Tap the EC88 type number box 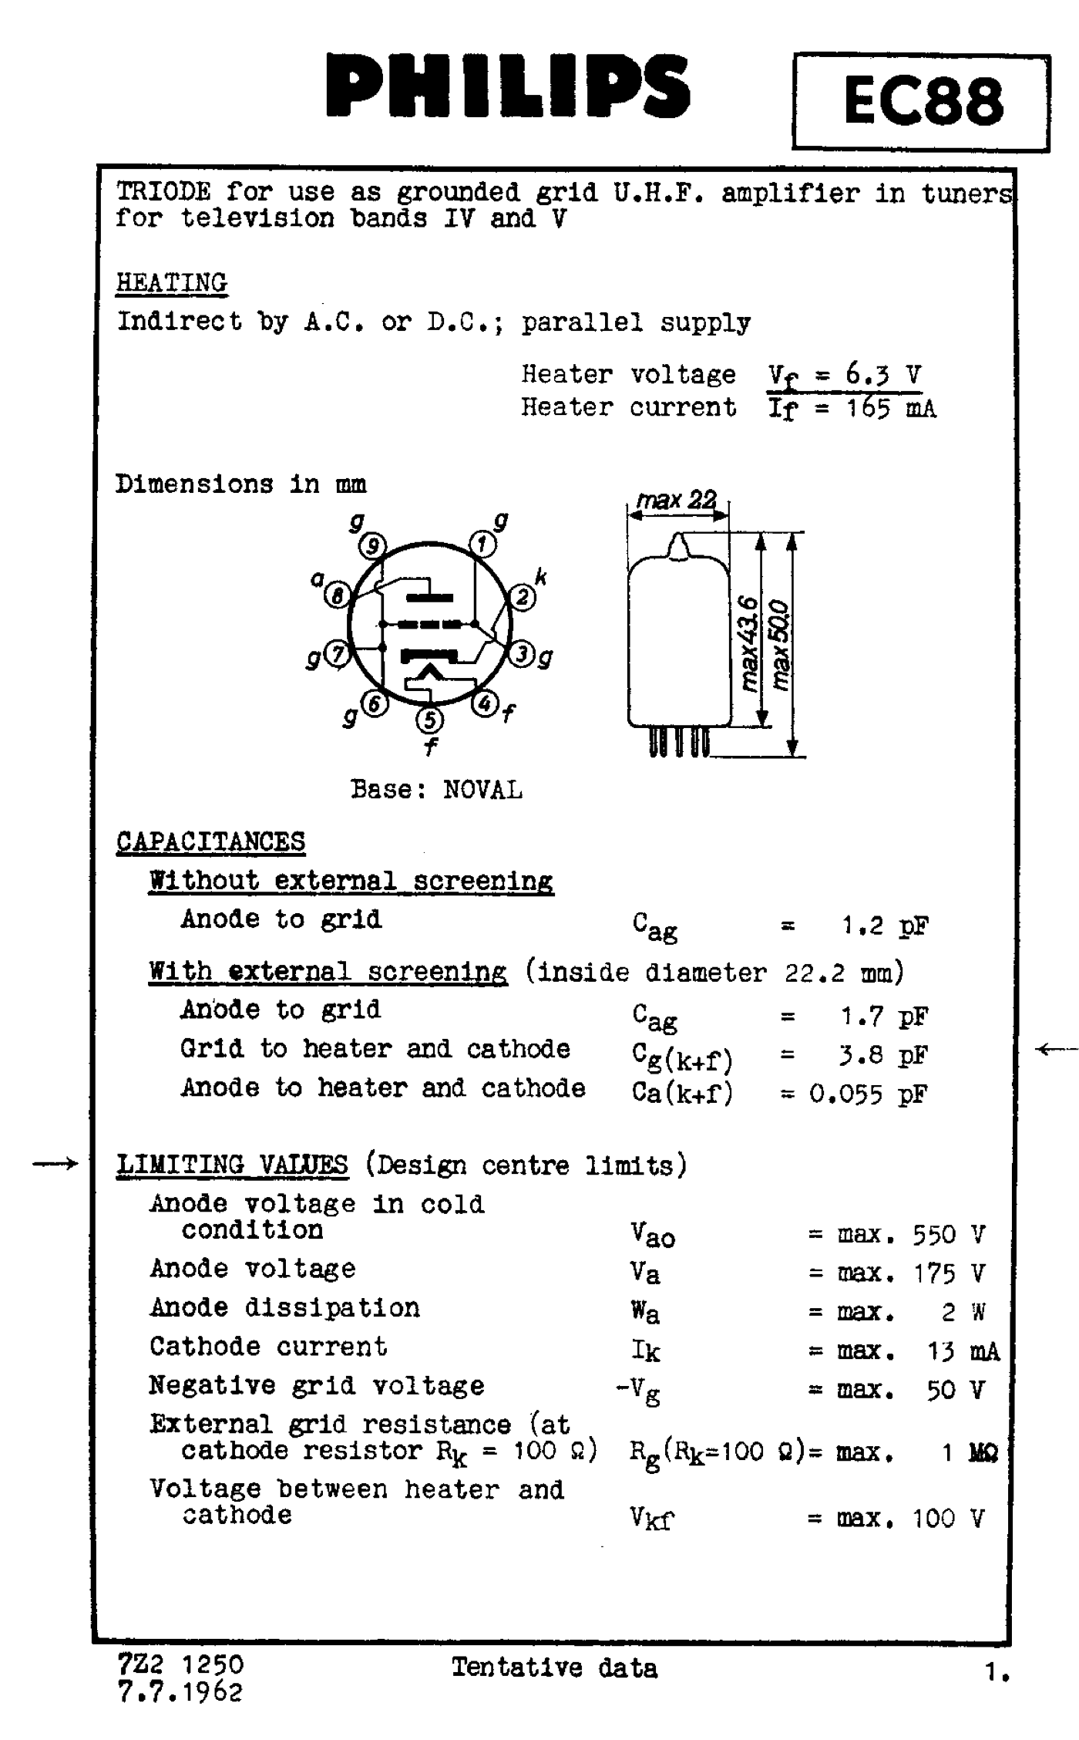pyautogui.click(x=922, y=102)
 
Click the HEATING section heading pyautogui.click(x=171, y=282)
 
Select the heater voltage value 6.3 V pyautogui.click(x=883, y=375)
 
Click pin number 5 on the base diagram pyautogui.click(x=429, y=720)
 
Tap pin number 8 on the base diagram pyautogui.click(x=338, y=595)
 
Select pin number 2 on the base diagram pyautogui.click(x=522, y=597)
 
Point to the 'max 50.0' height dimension pyautogui.click(x=780, y=645)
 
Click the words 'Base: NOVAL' pyautogui.click(x=436, y=790)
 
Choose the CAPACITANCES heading pyautogui.click(x=210, y=841)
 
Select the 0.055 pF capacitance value pyautogui.click(x=868, y=1094)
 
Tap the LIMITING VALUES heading pyautogui.click(x=232, y=1164)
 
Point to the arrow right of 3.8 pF pyautogui.click(x=1056, y=1048)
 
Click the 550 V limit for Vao pyautogui.click(x=948, y=1235)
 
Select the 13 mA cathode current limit pyautogui.click(x=963, y=1351)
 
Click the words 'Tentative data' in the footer pyautogui.click(x=554, y=1667)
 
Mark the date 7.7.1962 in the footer pyautogui.click(x=180, y=1692)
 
